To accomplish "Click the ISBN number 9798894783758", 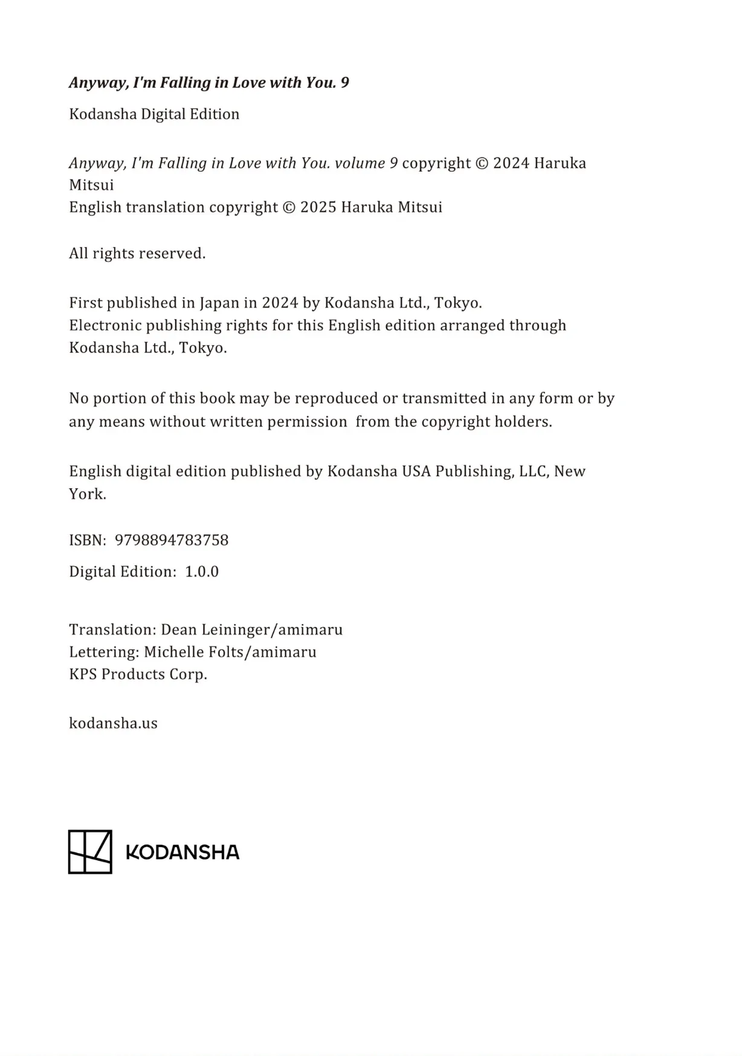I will [x=172, y=540].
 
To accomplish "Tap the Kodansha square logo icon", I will [x=90, y=852].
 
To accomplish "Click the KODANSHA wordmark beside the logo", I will [x=182, y=852].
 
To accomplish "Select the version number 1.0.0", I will [x=202, y=571].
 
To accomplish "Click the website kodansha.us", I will [x=113, y=723].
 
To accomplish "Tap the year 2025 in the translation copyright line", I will [x=318, y=207].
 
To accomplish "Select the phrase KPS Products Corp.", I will [x=138, y=674].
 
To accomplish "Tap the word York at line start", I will [x=87, y=494].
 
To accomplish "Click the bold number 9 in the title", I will [x=344, y=83].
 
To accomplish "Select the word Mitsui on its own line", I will [x=91, y=185].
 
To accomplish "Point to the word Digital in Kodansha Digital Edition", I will [x=163, y=114].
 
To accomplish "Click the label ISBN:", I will [x=88, y=540].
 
